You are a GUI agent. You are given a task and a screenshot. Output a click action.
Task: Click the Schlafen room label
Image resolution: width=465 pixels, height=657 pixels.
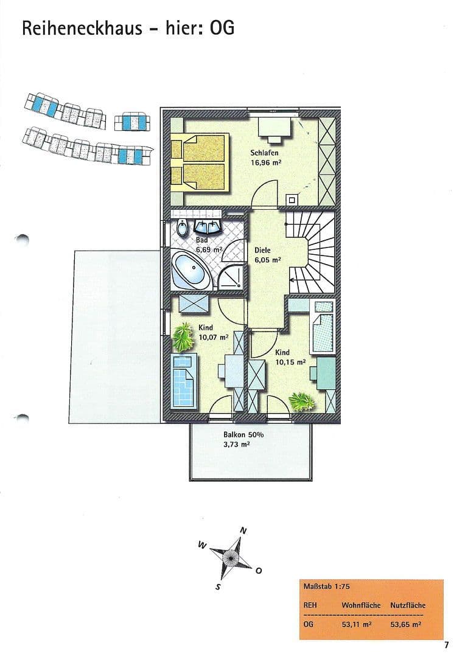click(264, 153)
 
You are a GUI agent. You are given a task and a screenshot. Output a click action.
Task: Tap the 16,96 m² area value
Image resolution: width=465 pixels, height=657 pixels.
click(265, 162)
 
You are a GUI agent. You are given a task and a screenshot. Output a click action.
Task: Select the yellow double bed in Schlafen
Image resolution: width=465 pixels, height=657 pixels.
click(198, 161)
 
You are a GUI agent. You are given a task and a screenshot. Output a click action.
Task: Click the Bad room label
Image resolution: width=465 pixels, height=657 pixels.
click(201, 240)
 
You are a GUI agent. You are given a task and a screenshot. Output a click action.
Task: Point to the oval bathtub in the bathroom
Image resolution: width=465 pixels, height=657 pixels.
click(191, 271)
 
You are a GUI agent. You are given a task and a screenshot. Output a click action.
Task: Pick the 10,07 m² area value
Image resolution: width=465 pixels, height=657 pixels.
click(213, 337)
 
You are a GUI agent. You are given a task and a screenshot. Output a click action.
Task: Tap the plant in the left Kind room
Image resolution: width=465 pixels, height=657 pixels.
click(182, 336)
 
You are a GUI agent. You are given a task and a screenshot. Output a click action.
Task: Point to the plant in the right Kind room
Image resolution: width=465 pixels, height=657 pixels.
click(301, 401)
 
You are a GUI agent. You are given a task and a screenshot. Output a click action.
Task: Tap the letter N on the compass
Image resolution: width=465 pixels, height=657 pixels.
click(243, 530)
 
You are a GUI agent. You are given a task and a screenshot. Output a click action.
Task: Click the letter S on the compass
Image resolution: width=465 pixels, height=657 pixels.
click(218, 587)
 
